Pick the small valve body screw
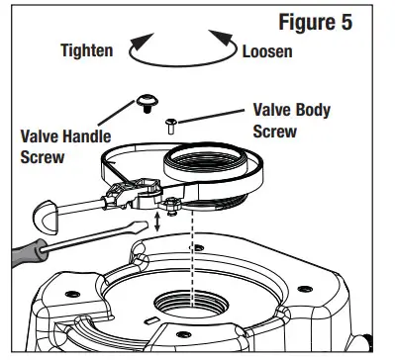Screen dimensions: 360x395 171,123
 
